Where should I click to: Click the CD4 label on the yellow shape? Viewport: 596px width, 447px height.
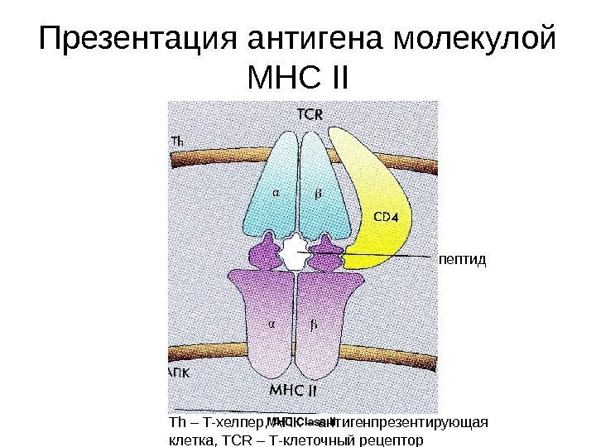click(386, 218)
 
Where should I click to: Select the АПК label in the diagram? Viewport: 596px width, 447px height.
click(179, 372)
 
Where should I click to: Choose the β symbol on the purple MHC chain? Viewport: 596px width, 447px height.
click(314, 324)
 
